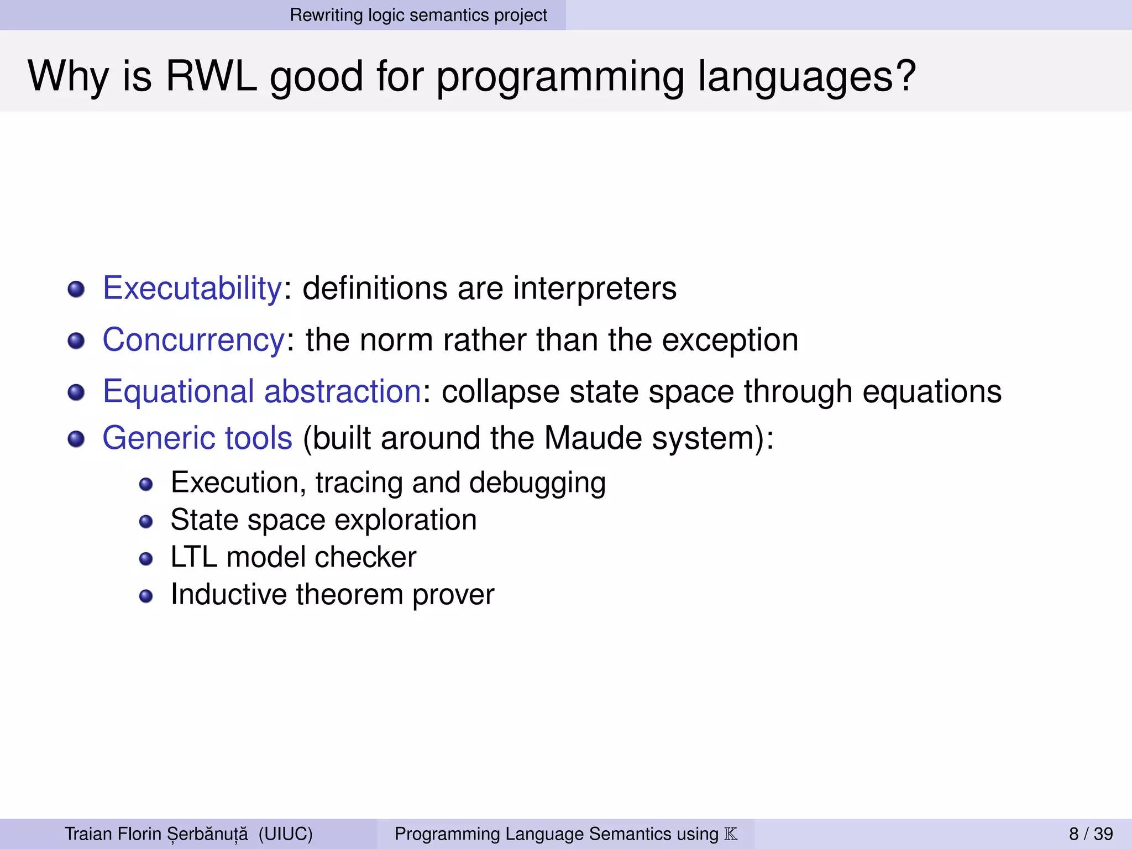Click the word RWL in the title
coord(211,76)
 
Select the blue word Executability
coord(192,289)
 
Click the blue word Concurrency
coord(193,340)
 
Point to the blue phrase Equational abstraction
coord(262,391)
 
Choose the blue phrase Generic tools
coord(197,438)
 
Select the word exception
coord(730,340)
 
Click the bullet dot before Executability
coord(76,289)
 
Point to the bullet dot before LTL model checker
coord(146,559)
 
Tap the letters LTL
coord(193,557)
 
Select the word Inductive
coord(228,595)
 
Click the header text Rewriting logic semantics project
coord(418,15)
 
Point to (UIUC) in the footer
coord(285,834)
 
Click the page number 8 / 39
coord(1091,834)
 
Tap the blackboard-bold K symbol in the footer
coord(731,834)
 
